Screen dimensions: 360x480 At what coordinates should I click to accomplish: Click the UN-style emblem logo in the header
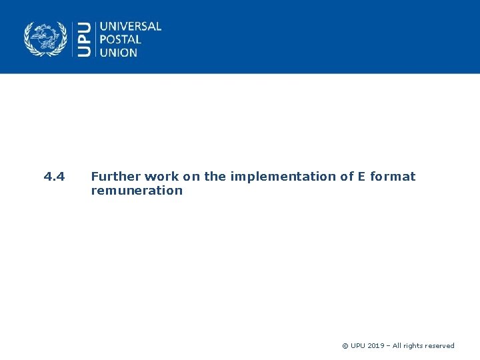tap(46, 39)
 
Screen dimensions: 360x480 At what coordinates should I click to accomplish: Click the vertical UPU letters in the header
tap(85, 39)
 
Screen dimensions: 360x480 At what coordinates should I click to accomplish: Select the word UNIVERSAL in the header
tap(131, 27)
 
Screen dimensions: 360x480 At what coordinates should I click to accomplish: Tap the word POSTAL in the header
tap(121, 39)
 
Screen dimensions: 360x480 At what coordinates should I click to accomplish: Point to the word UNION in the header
tap(119, 52)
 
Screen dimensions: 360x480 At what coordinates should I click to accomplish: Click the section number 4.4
tap(54, 177)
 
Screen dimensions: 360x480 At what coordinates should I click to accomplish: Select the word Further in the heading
tap(115, 177)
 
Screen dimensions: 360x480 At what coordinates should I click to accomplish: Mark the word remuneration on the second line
tap(136, 191)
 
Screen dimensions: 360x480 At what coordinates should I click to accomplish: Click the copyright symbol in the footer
tap(345, 346)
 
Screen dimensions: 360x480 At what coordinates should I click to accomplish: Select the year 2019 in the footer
tap(376, 346)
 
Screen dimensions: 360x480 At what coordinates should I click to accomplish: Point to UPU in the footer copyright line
tap(358, 346)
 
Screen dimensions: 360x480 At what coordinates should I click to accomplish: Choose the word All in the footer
tap(398, 346)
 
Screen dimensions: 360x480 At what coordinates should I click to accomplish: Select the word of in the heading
tap(340, 177)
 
